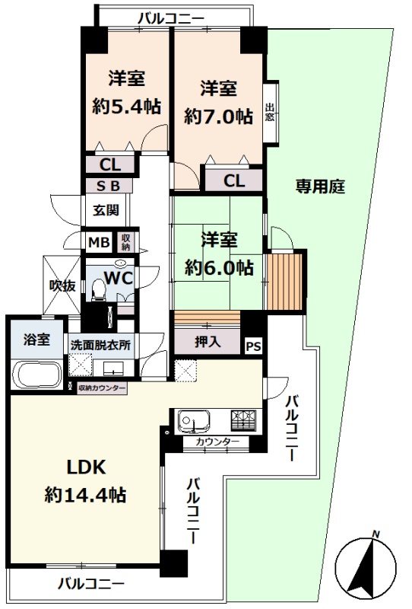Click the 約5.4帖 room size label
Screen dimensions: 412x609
[126, 106]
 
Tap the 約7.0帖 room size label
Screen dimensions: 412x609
[218, 116]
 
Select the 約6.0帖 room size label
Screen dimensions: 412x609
[219, 268]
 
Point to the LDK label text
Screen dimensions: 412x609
[86, 467]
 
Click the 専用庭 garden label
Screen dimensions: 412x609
[320, 187]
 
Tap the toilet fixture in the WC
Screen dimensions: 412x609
[99, 290]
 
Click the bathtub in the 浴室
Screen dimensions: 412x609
[36, 375]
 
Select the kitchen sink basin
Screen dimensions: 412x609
[194, 420]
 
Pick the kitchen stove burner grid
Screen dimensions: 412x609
[244, 420]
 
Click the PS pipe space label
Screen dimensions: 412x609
[254, 346]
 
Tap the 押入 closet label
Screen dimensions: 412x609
[208, 341]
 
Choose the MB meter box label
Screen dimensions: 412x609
[99, 242]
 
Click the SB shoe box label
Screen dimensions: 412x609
[108, 186]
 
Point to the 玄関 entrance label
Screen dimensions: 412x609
[106, 210]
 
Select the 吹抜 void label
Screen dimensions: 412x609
[62, 286]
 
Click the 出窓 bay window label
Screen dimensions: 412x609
[270, 112]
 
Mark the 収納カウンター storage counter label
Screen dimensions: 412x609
[102, 387]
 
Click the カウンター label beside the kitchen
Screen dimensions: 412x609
[217, 442]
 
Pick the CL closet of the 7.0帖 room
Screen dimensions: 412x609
[234, 180]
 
